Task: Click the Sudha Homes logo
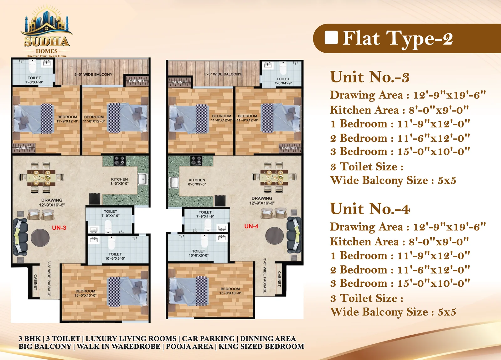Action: coord(47,31)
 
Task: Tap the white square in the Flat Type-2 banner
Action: coord(331,37)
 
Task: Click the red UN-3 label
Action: coord(59,228)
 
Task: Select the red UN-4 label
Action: coord(251,227)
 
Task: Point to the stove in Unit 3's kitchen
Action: coord(119,161)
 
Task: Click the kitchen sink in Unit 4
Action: coord(174,183)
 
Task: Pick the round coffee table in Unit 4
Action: coord(274,236)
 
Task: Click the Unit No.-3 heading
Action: coord(370,77)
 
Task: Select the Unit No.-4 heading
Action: coord(370,209)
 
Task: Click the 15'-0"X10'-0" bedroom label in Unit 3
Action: coord(85,293)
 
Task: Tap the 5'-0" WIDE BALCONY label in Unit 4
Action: coord(223,74)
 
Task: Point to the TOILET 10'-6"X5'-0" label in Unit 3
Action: coord(115,256)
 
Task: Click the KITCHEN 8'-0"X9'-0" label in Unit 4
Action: coord(197,182)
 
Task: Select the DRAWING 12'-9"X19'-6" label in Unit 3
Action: coord(52,202)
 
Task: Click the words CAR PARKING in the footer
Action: coord(208,338)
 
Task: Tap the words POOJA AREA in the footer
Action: coord(189,346)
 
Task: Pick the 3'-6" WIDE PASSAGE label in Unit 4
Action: coord(265,276)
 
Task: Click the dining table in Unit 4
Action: coord(274,178)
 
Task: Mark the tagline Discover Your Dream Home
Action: coord(47,56)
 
